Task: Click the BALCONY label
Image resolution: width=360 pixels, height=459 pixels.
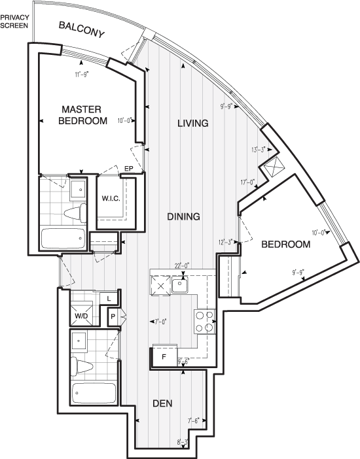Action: tap(81, 29)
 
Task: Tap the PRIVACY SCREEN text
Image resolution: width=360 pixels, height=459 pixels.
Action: tap(15, 20)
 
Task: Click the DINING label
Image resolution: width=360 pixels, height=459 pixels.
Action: tap(183, 216)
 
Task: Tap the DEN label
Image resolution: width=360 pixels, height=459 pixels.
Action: tap(162, 403)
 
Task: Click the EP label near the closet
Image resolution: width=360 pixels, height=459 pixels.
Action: tap(129, 169)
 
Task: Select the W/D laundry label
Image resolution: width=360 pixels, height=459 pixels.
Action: tap(81, 316)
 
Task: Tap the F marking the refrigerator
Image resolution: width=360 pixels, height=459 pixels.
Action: tap(164, 358)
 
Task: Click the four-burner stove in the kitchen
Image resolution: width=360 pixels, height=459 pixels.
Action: tap(204, 321)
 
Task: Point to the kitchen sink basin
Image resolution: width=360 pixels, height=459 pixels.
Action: tap(179, 285)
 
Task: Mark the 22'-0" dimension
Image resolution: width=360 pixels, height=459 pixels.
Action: tap(181, 265)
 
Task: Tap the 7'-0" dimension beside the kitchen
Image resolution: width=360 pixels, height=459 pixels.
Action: tap(160, 322)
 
